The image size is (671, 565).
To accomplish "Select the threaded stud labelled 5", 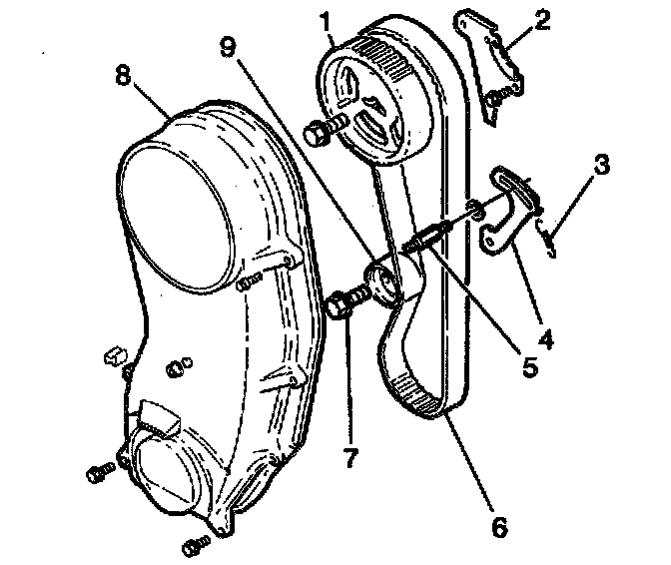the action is pos(427,239).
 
